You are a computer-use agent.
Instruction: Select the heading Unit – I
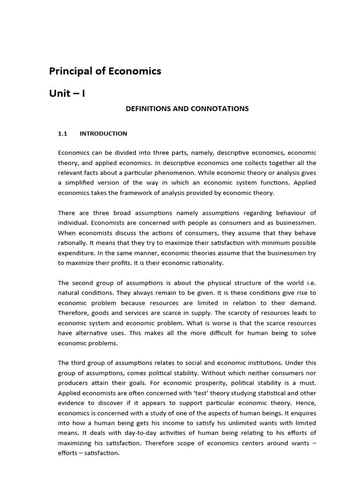pos(67,93)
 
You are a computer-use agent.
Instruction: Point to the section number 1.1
pos(63,134)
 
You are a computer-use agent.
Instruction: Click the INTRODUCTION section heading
pos(103,134)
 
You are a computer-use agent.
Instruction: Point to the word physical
pos(210,283)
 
